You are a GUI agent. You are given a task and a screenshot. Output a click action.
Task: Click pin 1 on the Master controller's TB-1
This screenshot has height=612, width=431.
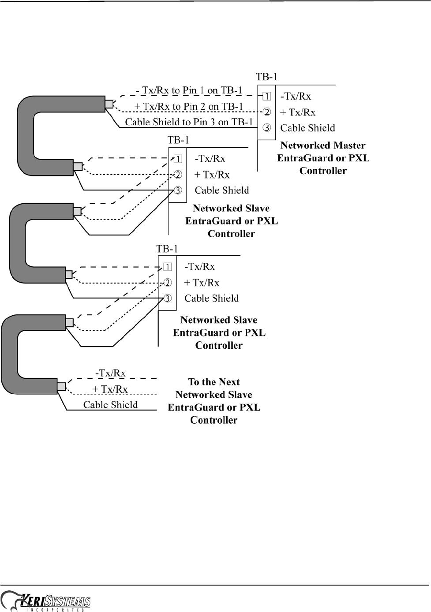tap(266, 96)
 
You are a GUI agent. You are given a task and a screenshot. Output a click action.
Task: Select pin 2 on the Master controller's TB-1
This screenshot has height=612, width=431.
tap(266, 112)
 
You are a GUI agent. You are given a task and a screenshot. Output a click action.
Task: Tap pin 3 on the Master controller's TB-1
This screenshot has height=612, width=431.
tap(266, 128)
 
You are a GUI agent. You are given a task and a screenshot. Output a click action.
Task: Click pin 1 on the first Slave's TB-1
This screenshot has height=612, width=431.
tap(178, 159)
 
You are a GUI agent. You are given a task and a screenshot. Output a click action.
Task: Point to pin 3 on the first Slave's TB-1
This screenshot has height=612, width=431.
tap(178, 190)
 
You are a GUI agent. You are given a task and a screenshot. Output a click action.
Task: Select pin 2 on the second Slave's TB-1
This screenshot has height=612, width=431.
tap(168, 283)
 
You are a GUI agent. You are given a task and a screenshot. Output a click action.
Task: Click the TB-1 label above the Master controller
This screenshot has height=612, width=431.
tap(267, 77)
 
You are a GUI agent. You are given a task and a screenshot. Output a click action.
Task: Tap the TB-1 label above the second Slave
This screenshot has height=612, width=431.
tap(167, 249)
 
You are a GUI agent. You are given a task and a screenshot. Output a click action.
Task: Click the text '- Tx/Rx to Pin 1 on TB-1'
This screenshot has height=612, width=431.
tap(189, 90)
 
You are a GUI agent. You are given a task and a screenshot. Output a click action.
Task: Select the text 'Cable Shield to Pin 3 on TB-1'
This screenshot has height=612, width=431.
tap(189, 122)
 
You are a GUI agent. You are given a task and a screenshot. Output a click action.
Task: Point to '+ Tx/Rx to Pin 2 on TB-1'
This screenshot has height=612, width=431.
tap(189, 106)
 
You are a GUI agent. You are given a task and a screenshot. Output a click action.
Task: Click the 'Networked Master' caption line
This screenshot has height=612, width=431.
tap(323, 146)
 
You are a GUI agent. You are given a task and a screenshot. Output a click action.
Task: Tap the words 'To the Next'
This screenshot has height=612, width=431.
tap(214, 382)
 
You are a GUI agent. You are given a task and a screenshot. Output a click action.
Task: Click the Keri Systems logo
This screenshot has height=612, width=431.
tap(46, 601)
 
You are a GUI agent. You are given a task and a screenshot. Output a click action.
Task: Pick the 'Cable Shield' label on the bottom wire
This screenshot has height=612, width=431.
tap(110, 405)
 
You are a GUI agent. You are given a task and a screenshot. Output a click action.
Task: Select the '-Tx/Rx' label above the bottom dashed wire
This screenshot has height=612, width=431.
tap(110, 373)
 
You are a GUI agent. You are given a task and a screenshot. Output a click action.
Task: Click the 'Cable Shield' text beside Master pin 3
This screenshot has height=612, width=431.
tap(307, 128)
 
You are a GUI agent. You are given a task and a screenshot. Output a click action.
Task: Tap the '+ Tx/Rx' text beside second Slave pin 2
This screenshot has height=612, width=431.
tap(202, 283)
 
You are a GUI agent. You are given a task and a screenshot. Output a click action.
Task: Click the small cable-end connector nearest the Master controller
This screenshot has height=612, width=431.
tap(109, 104)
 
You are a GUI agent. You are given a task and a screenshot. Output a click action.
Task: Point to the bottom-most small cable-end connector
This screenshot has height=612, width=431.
tap(61, 387)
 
